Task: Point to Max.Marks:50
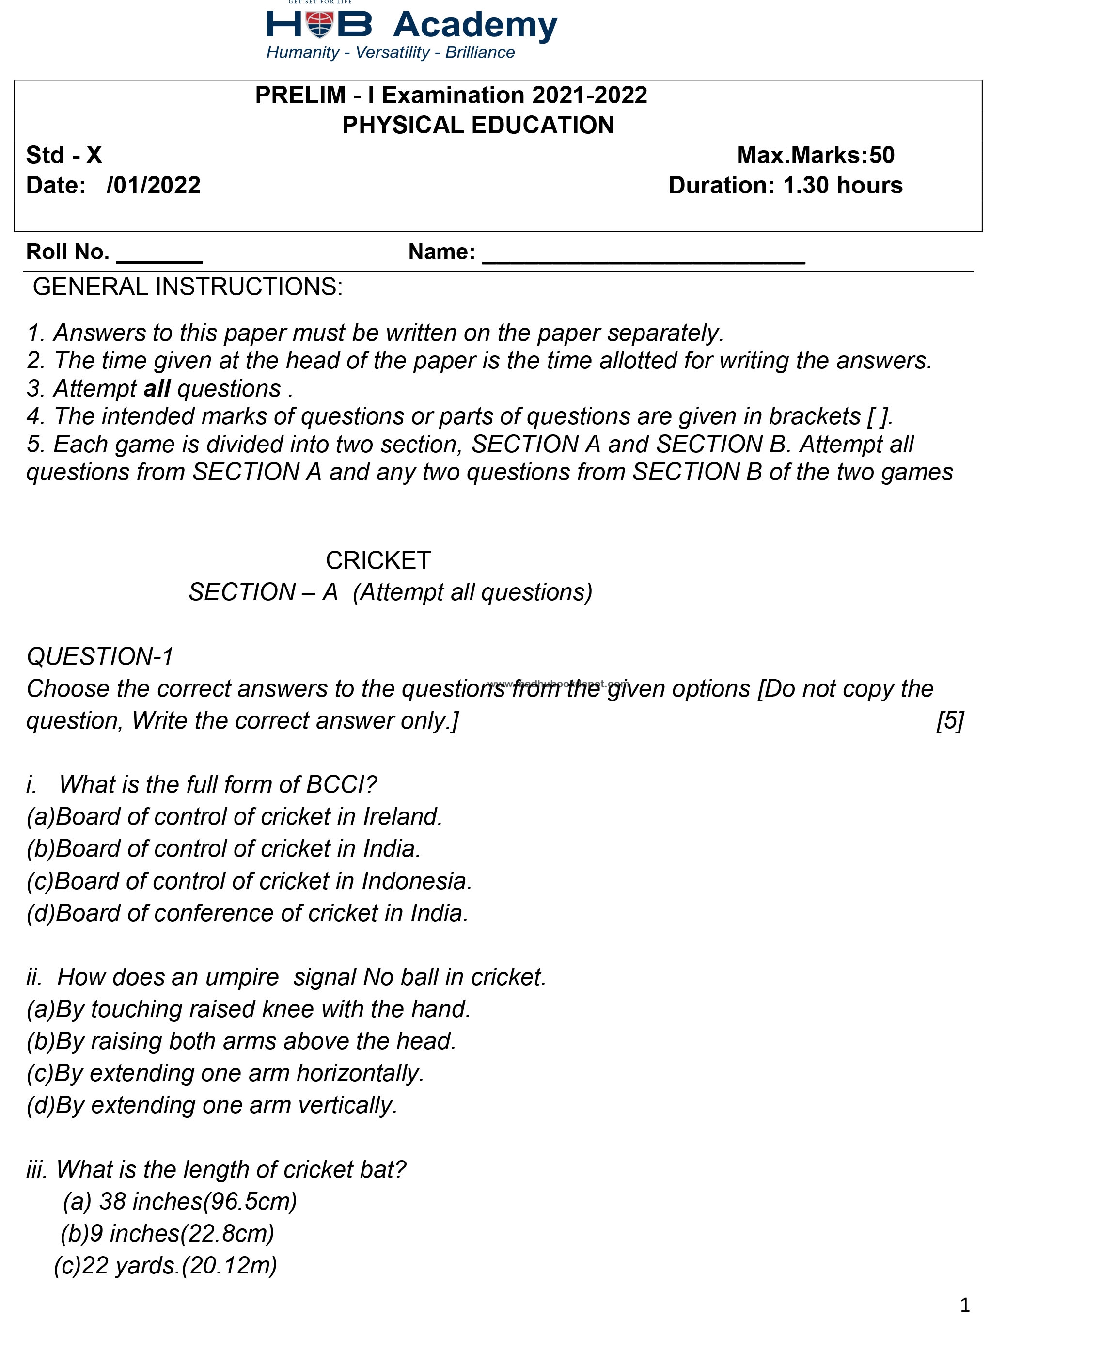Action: [815, 155]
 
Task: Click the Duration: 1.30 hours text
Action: [785, 185]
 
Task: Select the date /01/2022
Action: [154, 185]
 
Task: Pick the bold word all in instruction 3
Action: [157, 388]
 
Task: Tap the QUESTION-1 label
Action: [100, 656]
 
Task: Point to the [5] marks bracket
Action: [949, 721]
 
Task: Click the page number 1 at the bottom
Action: [964, 1305]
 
